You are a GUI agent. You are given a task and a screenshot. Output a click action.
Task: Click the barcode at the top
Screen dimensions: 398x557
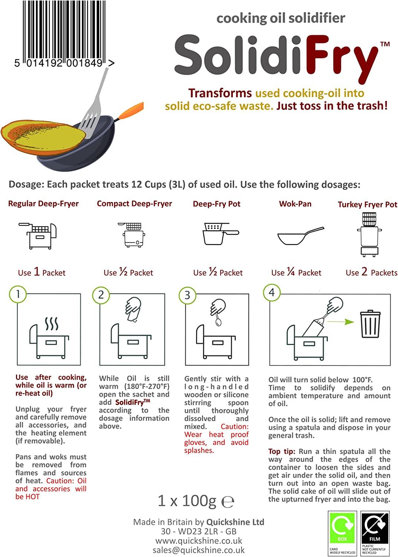(64, 33)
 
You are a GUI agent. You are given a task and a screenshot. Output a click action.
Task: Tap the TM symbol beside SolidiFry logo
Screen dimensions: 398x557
(385, 44)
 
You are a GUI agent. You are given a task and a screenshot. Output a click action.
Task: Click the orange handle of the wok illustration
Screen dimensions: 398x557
(131, 110)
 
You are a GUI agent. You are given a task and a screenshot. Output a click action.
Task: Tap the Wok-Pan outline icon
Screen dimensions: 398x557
(301, 236)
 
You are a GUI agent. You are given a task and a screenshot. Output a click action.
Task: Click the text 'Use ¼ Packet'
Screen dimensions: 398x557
(296, 272)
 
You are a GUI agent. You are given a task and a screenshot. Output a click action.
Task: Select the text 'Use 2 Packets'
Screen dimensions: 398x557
(371, 272)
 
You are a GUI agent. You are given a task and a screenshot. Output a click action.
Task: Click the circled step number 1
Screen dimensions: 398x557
(18, 294)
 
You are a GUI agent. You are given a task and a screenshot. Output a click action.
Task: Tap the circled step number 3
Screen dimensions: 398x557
(187, 295)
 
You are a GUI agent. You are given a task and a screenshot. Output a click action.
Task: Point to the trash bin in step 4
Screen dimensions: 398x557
(370, 323)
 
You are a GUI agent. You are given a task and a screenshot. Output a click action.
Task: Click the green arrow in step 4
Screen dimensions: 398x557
(340, 322)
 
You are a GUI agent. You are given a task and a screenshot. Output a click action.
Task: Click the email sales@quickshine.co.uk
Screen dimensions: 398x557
(198, 550)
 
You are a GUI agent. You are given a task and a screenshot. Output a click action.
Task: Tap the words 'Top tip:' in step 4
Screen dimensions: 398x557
(282, 451)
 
